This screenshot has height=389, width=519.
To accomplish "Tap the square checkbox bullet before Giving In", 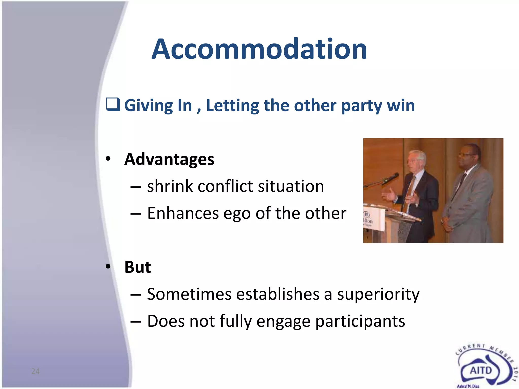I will [113, 105].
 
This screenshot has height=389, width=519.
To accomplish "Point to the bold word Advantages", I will [169, 159].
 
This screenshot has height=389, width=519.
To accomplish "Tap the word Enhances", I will [183, 213].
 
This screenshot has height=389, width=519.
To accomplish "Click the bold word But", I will [138, 267].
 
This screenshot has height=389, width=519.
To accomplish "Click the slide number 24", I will [35, 371].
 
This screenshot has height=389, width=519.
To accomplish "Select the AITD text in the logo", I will [481, 371].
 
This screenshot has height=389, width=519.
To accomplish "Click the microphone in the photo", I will [390, 179].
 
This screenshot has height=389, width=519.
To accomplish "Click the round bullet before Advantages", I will [108, 159].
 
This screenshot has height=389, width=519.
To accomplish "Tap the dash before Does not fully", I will [136, 321].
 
